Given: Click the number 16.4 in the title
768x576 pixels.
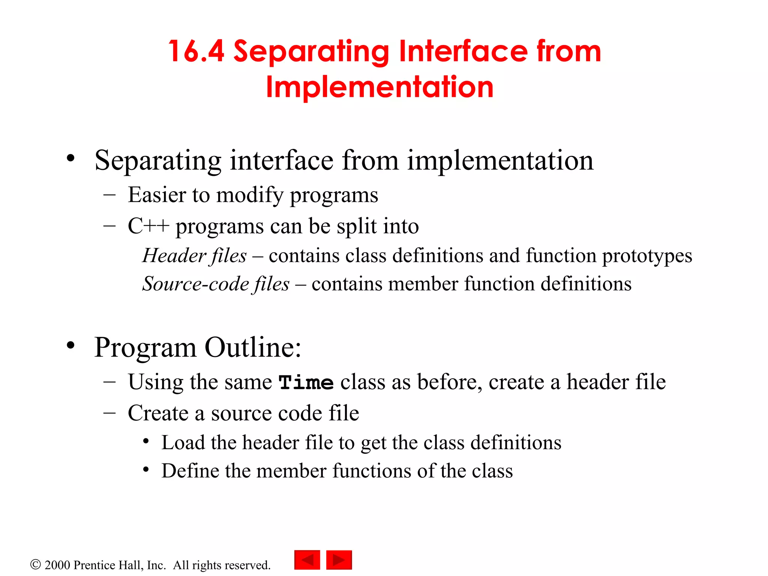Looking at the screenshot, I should tap(196, 51).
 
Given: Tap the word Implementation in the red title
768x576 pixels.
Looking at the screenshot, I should tap(379, 87).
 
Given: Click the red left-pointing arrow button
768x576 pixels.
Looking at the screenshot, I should tap(307, 560).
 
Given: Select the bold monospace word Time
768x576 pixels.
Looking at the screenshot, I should tap(306, 383).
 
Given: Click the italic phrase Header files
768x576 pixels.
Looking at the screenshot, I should tap(195, 256).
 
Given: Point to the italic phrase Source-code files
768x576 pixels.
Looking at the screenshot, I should tap(216, 284).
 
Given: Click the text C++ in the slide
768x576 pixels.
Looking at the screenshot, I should tap(148, 226).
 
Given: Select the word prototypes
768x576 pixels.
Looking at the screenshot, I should tap(647, 256).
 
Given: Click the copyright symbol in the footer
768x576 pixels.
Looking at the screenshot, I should tap(35, 564).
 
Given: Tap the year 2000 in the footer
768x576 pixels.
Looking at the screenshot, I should tap(57, 565).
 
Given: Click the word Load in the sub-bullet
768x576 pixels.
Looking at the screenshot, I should tap(183, 442).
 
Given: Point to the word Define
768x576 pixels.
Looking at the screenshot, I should tap(190, 471).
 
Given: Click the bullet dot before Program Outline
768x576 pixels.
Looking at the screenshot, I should tap(71, 345).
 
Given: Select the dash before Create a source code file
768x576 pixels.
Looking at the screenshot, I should tap(109, 413).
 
